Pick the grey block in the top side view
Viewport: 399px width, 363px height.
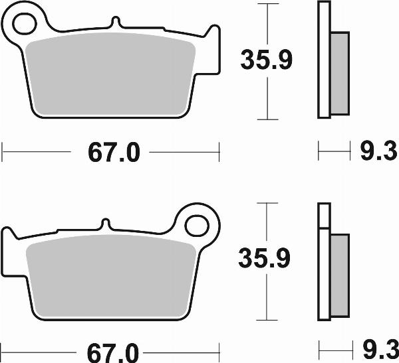point(338,73)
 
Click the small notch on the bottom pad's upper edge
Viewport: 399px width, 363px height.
point(104,223)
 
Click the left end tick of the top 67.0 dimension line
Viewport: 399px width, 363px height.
point(3,154)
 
